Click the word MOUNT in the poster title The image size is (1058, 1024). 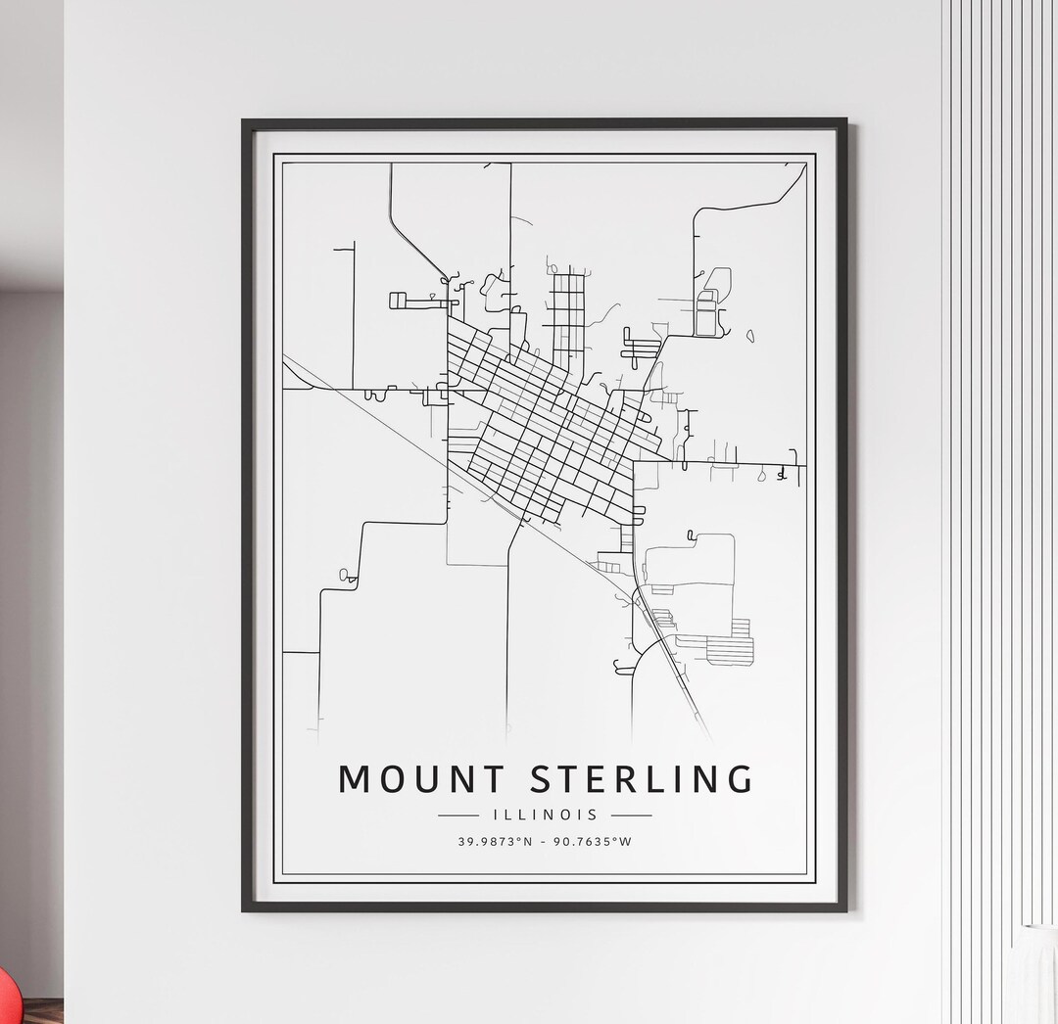click(x=420, y=778)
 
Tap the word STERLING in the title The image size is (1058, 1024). click(x=643, y=778)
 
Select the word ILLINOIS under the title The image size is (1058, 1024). click(x=545, y=815)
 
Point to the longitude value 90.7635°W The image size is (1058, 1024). click(x=592, y=842)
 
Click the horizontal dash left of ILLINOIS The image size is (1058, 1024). click(x=458, y=815)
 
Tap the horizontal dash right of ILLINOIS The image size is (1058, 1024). click(x=631, y=815)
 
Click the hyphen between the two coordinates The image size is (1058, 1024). click(x=544, y=842)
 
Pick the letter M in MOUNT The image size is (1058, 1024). click(x=355, y=778)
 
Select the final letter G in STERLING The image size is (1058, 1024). click(x=740, y=778)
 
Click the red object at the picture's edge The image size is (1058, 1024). click(x=8, y=999)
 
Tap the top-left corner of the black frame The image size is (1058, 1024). click(x=245, y=122)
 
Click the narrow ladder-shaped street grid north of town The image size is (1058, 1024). click(x=567, y=313)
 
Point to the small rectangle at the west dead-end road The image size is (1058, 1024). click(x=398, y=301)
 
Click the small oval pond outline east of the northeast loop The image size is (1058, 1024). click(x=750, y=336)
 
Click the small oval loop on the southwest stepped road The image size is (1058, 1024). click(x=344, y=575)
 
